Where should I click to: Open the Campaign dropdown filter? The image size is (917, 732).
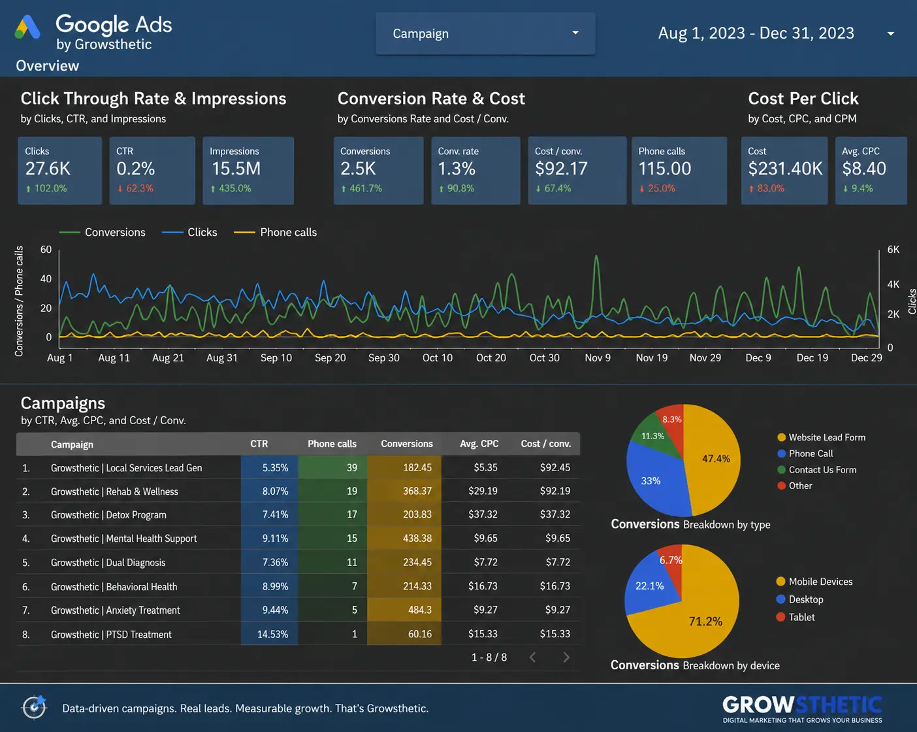coord(485,33)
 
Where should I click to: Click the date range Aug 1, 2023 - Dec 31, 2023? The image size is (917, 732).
coord(756,33)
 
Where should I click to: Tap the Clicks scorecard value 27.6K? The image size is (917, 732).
coord(48,169)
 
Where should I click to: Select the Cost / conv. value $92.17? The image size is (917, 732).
coord(561,169)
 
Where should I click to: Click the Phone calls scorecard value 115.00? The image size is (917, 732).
coord(664,169)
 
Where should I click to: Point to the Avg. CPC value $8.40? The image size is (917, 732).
coord(864,169)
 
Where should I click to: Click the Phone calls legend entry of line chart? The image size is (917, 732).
coord(275,233)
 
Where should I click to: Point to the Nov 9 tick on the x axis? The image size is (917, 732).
coord(598,358)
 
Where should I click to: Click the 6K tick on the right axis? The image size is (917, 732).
coord(893,250)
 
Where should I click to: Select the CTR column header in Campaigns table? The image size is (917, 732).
coord(259,444)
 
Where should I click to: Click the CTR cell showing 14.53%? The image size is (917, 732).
coord(273,635)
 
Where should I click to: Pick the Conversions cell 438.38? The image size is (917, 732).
coord(417,539)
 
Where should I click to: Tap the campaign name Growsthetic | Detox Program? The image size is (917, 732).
coord(108,515)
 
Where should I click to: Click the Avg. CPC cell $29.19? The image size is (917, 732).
coord(483,491)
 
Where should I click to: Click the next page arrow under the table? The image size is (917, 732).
coord(566,657)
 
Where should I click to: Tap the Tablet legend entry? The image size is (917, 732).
coord(796,617)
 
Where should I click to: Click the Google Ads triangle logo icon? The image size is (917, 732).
coord(27,27)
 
